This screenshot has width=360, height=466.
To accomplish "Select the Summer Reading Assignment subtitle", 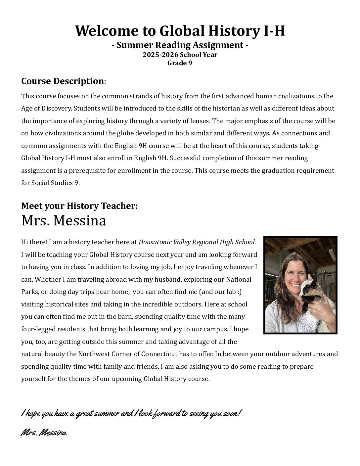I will tap(180, 45).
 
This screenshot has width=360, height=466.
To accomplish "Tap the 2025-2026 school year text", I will tap(180, 55).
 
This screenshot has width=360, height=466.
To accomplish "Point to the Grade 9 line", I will tap(180, 63).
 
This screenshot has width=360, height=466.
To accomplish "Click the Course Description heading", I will tap(63, 81).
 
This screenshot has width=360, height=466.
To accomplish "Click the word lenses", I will tap(196, 121).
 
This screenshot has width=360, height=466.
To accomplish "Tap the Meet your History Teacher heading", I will tap(79, 206).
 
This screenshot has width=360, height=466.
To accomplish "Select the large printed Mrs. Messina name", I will tap(64, 221).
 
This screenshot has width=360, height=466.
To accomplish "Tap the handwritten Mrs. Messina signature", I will tap(44, 433).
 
